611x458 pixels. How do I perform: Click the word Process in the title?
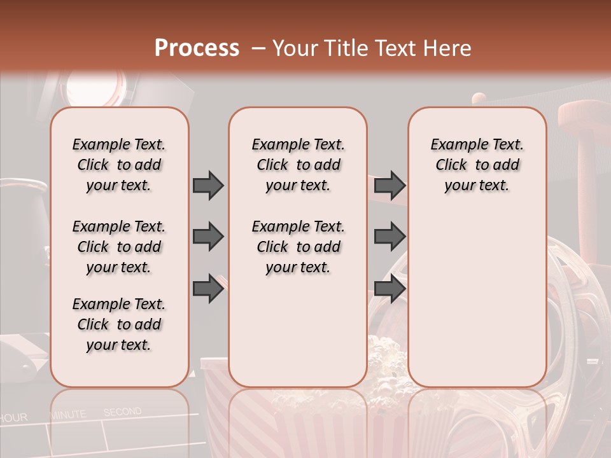197,48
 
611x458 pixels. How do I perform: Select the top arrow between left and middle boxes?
208,185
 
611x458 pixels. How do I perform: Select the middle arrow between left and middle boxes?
208,237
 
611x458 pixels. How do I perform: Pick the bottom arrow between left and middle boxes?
208,288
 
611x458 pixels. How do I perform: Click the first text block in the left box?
119,165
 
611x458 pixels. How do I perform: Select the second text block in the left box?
119,247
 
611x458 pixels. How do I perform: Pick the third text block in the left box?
119,324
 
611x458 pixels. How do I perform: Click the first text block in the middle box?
298,165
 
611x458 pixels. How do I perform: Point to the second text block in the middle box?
298,247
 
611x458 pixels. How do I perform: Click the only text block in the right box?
477,165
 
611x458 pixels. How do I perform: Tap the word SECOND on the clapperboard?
122,412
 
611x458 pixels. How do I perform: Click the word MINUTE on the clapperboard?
68,415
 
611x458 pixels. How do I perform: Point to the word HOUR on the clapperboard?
14,418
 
